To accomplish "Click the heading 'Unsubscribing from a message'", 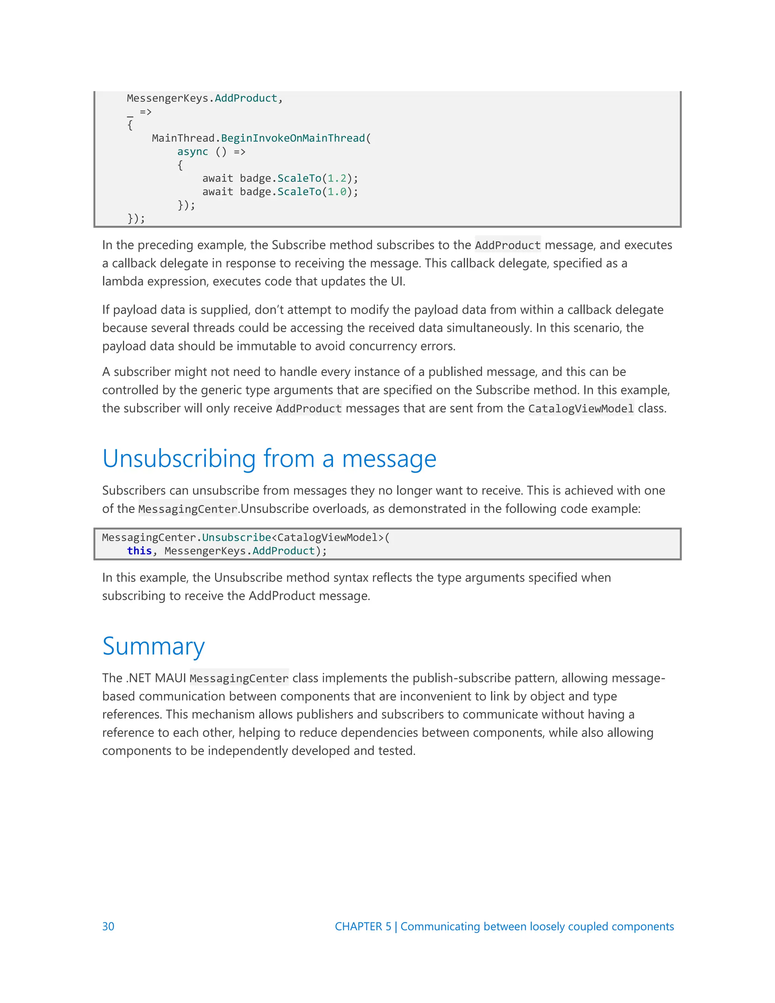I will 269,458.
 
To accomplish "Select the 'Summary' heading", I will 153,646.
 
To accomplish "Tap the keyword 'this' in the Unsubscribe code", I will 139,551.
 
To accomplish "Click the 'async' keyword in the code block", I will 192,151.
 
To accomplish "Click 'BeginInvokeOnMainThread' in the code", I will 293,138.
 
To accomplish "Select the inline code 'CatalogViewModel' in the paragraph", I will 581,408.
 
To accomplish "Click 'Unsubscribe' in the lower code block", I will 237,537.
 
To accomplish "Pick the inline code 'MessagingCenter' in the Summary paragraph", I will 239,678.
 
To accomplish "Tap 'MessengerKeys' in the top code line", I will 167,98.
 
